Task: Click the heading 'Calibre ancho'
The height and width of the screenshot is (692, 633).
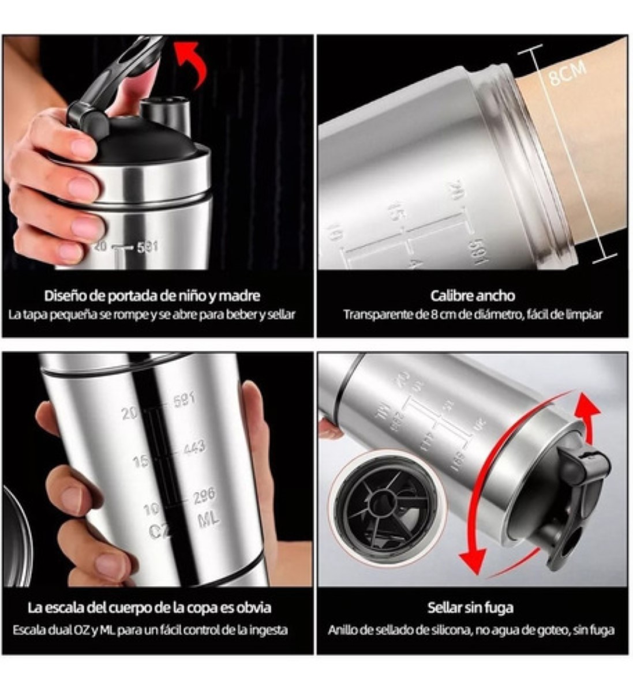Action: [x=472, y=296]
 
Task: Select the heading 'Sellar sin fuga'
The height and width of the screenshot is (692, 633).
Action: [x=470, y=607]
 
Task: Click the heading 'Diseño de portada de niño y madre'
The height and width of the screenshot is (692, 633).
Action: [x=152, y=296]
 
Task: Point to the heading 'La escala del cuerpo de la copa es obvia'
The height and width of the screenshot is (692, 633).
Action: [x=149, y=607]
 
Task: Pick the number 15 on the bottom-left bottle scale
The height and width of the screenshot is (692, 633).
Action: [x=141, y=461]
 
